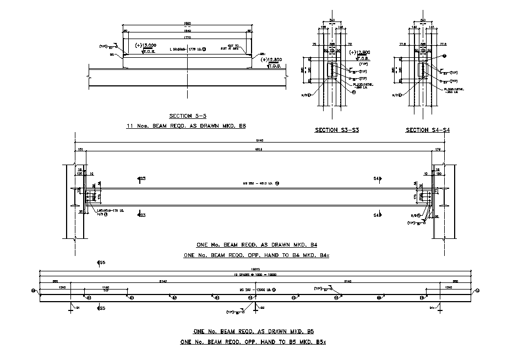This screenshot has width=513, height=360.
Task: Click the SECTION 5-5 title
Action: pyautogui.click(x=187, y=116)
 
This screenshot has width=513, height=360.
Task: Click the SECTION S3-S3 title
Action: pyautogui.click(x=334, y=130)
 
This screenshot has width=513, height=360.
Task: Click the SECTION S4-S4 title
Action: pyautogui.click(x=428, y=130)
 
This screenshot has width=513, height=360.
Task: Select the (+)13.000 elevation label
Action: pyautogui.click(x=149, y=46)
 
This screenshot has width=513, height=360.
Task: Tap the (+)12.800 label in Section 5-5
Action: pyautogui.click(x=272, y=59)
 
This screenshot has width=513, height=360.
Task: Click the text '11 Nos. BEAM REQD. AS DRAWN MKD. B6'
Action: pyautogui.click(x=186, y=126)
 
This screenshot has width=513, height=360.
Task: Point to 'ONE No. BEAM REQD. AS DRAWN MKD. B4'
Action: pyautogui.click(x=255, y=245)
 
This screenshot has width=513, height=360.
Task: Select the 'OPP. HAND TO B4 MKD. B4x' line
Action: pyautogui.click(x=255, y=255)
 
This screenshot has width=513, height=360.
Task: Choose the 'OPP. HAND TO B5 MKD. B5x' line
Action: pyautogui.click(x=253, y=342)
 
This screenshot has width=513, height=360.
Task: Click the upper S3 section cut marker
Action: pyautogui.click(x=141, y=179)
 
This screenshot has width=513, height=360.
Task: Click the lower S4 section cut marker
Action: pyautogui.click(x=378, y=215)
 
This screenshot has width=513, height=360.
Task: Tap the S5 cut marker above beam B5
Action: pyautogui.click(x=101, y=263)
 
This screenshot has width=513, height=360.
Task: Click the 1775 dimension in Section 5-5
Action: pyautogui.click(x=187, y=37)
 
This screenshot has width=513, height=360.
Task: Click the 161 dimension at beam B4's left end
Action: pyautogui.click(x=80, y=149)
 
